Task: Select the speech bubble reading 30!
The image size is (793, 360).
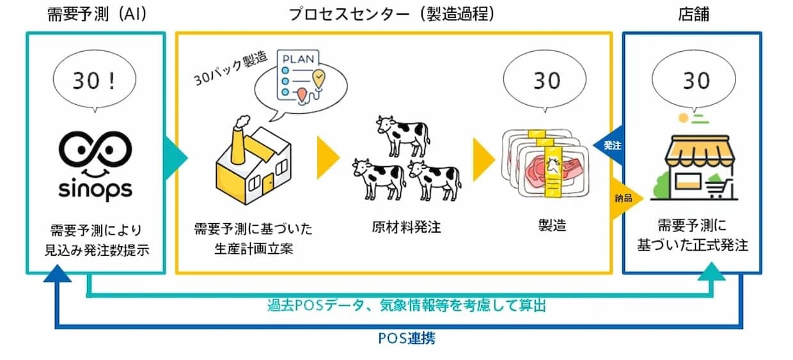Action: click(x=95, y=82)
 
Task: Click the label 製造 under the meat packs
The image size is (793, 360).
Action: click(x=552, y=226)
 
